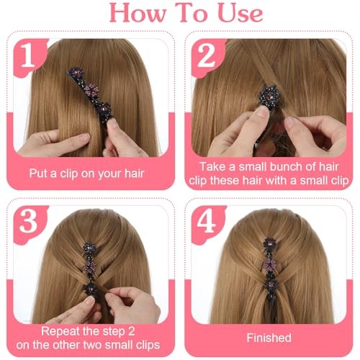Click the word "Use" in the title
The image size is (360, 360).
(240, 14)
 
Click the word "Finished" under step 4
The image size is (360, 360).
(269, 338)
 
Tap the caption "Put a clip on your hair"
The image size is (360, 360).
(86, 174)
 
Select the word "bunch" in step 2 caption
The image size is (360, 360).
(271, 167)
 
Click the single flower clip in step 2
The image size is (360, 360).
(269, 97)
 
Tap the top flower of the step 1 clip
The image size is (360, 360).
(76, 73)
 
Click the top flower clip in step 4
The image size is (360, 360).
(269, 246)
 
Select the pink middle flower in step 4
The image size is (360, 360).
(270, 264)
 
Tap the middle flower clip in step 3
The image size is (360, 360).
(90, 267)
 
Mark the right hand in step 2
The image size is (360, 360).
(315, 135)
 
